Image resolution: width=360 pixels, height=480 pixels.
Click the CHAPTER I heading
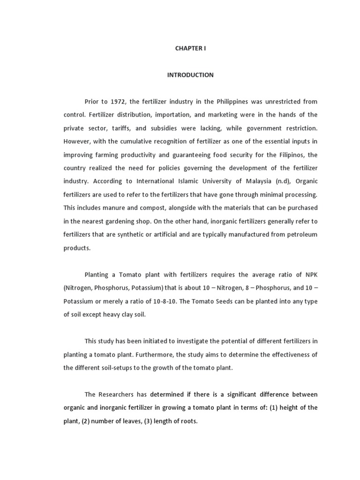point(190,48)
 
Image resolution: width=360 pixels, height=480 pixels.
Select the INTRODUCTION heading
point(190,75)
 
